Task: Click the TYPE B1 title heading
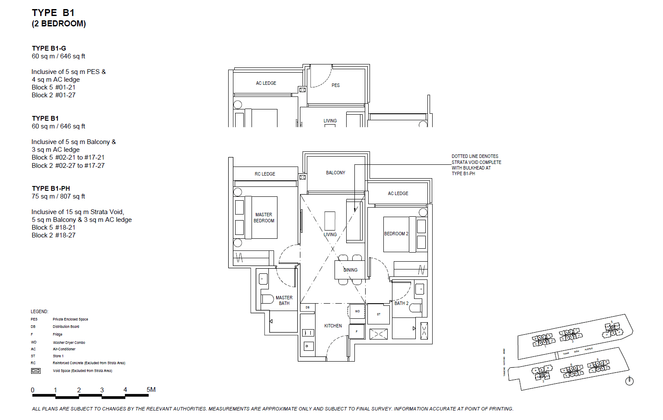tap(53, 13)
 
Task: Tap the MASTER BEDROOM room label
tap(264, 218)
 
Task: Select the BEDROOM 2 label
tap(396, 234)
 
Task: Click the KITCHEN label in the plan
tap(333, 326)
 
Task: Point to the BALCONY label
tap(335, 173)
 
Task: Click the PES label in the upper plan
tap(335, 85)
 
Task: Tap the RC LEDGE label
tap(265, 174)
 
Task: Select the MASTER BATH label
tap(284, 301)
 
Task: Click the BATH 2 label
tap(401, 303)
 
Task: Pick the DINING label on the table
tap(351, 270)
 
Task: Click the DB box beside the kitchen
tap(307, 308)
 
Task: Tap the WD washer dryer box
tap(357, 311)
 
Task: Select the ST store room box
tap(379, 314)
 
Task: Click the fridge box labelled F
tap(357, 332)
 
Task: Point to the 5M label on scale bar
tap(151, 390)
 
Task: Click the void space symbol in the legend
tap(36, 371)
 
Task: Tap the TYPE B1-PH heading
tap(51, 189)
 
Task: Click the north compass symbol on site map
tap(629, 381)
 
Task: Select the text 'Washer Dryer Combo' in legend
tap(69, 343)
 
